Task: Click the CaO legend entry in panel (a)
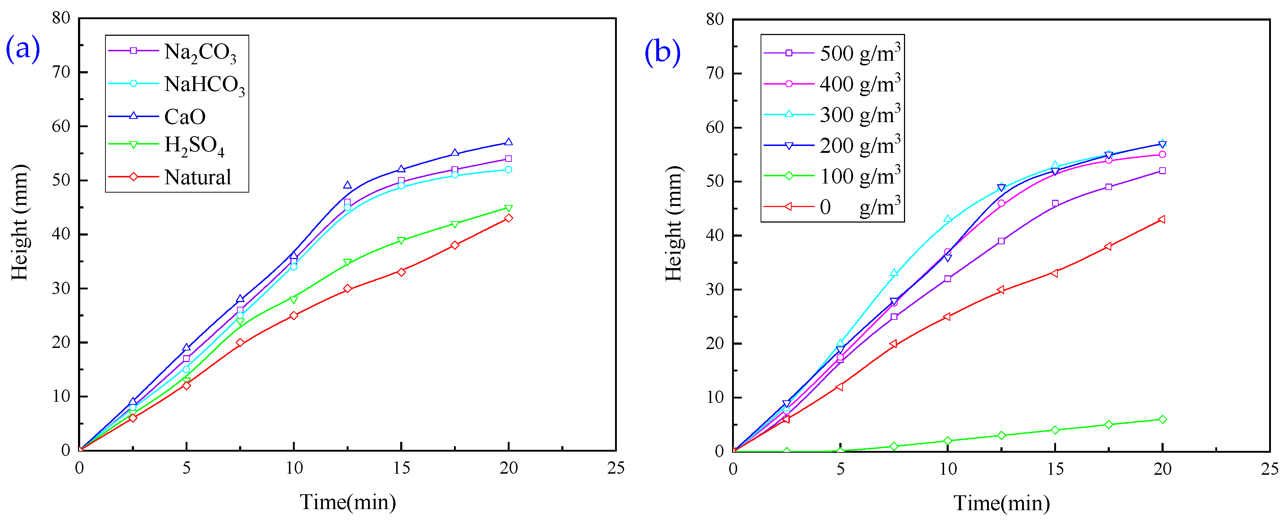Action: pyautogui.click(x=185, y=117)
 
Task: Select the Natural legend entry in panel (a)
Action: pyautogui.click(x=198, y=177)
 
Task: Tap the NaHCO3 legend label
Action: pyautogui.click(x=204, y=84)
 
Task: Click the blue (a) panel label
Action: pyautogui.click(x=22, y=49)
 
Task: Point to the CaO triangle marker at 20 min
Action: pyautogui.click(x=508, y=142)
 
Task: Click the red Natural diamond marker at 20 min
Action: pyautogui.click(x=508, y=218)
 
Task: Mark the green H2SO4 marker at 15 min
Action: pyautogui.click(x=401, y=241)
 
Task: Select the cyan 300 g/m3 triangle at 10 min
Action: pyautogui.click(x=947, y=219)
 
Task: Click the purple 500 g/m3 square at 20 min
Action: pyautogui.click(x=1162, y=171)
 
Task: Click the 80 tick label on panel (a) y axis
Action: pyautogui.click(x=61, y=18)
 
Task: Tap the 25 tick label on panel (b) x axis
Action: pyautogui.click(x=1269, y=469)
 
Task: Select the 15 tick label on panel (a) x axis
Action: pyautogui.click(x=401, y=468)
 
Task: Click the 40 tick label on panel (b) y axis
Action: pyautogui.click(x=714, y=236)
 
